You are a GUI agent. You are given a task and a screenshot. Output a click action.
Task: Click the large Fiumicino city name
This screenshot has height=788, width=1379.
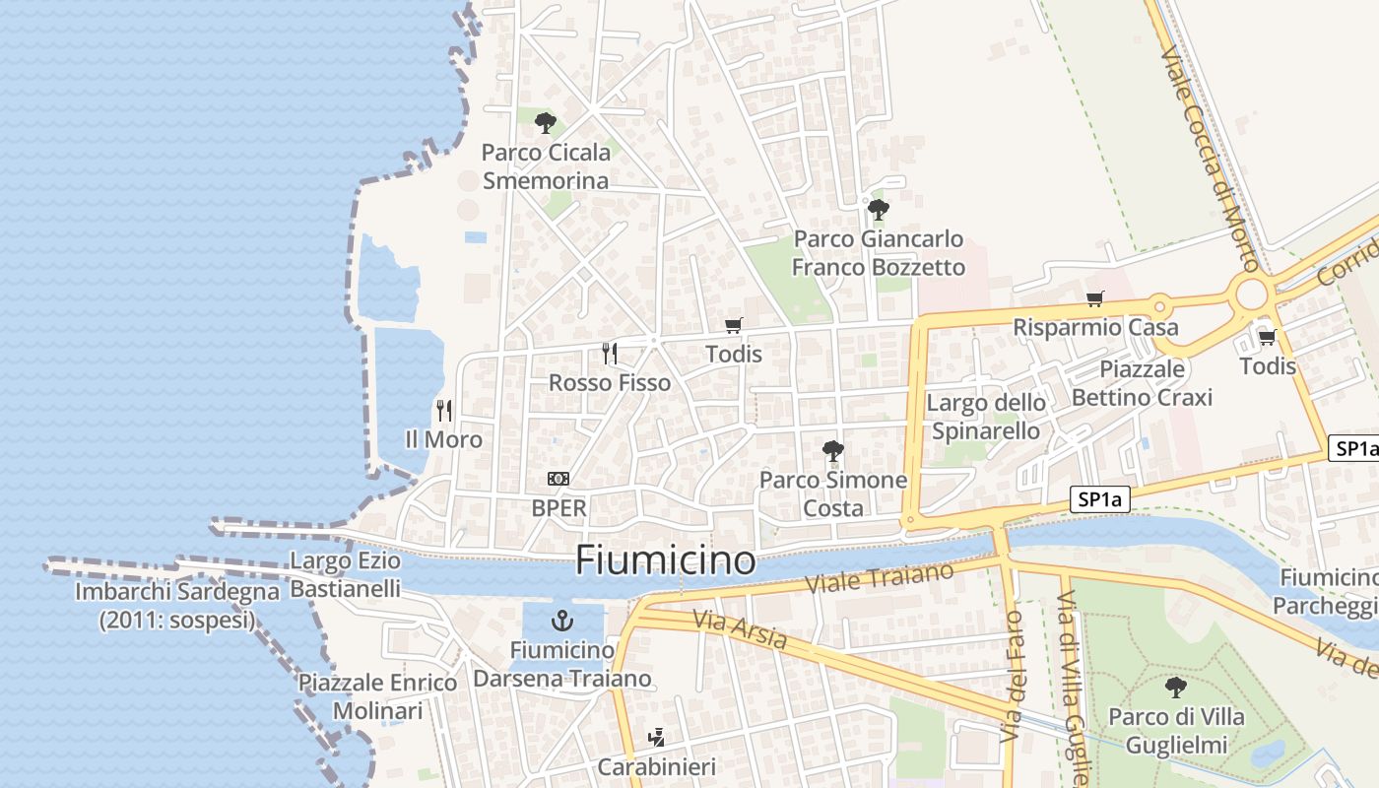point(666,560)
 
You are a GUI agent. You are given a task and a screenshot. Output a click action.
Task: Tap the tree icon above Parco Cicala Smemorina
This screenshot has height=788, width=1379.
point(545,123)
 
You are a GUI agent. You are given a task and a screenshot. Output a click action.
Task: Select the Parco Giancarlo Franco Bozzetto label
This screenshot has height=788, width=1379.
point(879,253)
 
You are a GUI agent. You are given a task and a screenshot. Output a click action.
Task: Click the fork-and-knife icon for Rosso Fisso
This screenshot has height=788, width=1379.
point(610,353)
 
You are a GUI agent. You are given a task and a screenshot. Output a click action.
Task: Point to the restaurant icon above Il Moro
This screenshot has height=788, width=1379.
point(444,410)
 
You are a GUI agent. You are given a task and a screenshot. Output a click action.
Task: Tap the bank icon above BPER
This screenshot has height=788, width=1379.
point(558,479)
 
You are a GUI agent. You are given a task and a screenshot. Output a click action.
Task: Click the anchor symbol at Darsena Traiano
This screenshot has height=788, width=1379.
point(562,621)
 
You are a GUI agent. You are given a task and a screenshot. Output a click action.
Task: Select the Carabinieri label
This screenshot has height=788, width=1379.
point(657,766)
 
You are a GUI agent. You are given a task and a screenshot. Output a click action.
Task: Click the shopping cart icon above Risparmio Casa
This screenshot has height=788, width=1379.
point(1094,298)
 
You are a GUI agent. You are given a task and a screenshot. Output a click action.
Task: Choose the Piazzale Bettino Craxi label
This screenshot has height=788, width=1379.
point(1142,383)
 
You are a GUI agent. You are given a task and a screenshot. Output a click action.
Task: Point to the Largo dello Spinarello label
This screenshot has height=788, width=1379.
point(986,417)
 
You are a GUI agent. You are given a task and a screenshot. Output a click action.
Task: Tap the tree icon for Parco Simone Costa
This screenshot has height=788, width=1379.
point(833,451)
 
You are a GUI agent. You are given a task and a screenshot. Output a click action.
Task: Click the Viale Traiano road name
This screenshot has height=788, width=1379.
point(880,578)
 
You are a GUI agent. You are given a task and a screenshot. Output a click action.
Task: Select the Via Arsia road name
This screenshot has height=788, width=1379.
point(740,630)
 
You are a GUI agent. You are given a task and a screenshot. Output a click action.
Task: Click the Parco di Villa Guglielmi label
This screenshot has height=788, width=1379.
point(1176,731)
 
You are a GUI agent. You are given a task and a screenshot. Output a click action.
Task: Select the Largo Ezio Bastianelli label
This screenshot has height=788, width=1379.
point(346,575)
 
